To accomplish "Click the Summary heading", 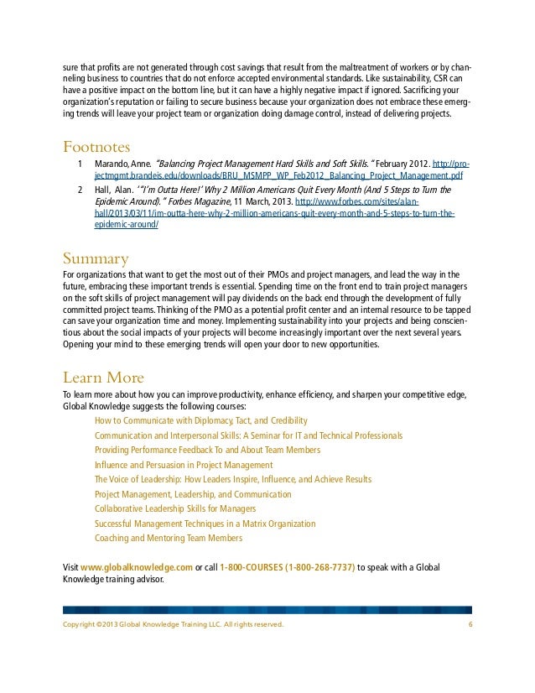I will (x=96, y=257).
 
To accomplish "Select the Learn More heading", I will (x=103, y=376).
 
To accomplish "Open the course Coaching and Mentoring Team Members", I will (x=168, y=539).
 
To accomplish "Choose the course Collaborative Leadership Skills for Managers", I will (x=175, y=508).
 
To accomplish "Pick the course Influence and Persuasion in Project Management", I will (x=184, y=464).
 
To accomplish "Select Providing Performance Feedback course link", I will (x=207, y=450).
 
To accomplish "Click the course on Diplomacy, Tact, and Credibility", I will (x=201, y=419).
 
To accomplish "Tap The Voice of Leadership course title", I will (x=233, y=479).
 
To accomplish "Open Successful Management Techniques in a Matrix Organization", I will (x=205, y=524).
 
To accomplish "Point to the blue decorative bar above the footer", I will (x=267, y=608).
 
